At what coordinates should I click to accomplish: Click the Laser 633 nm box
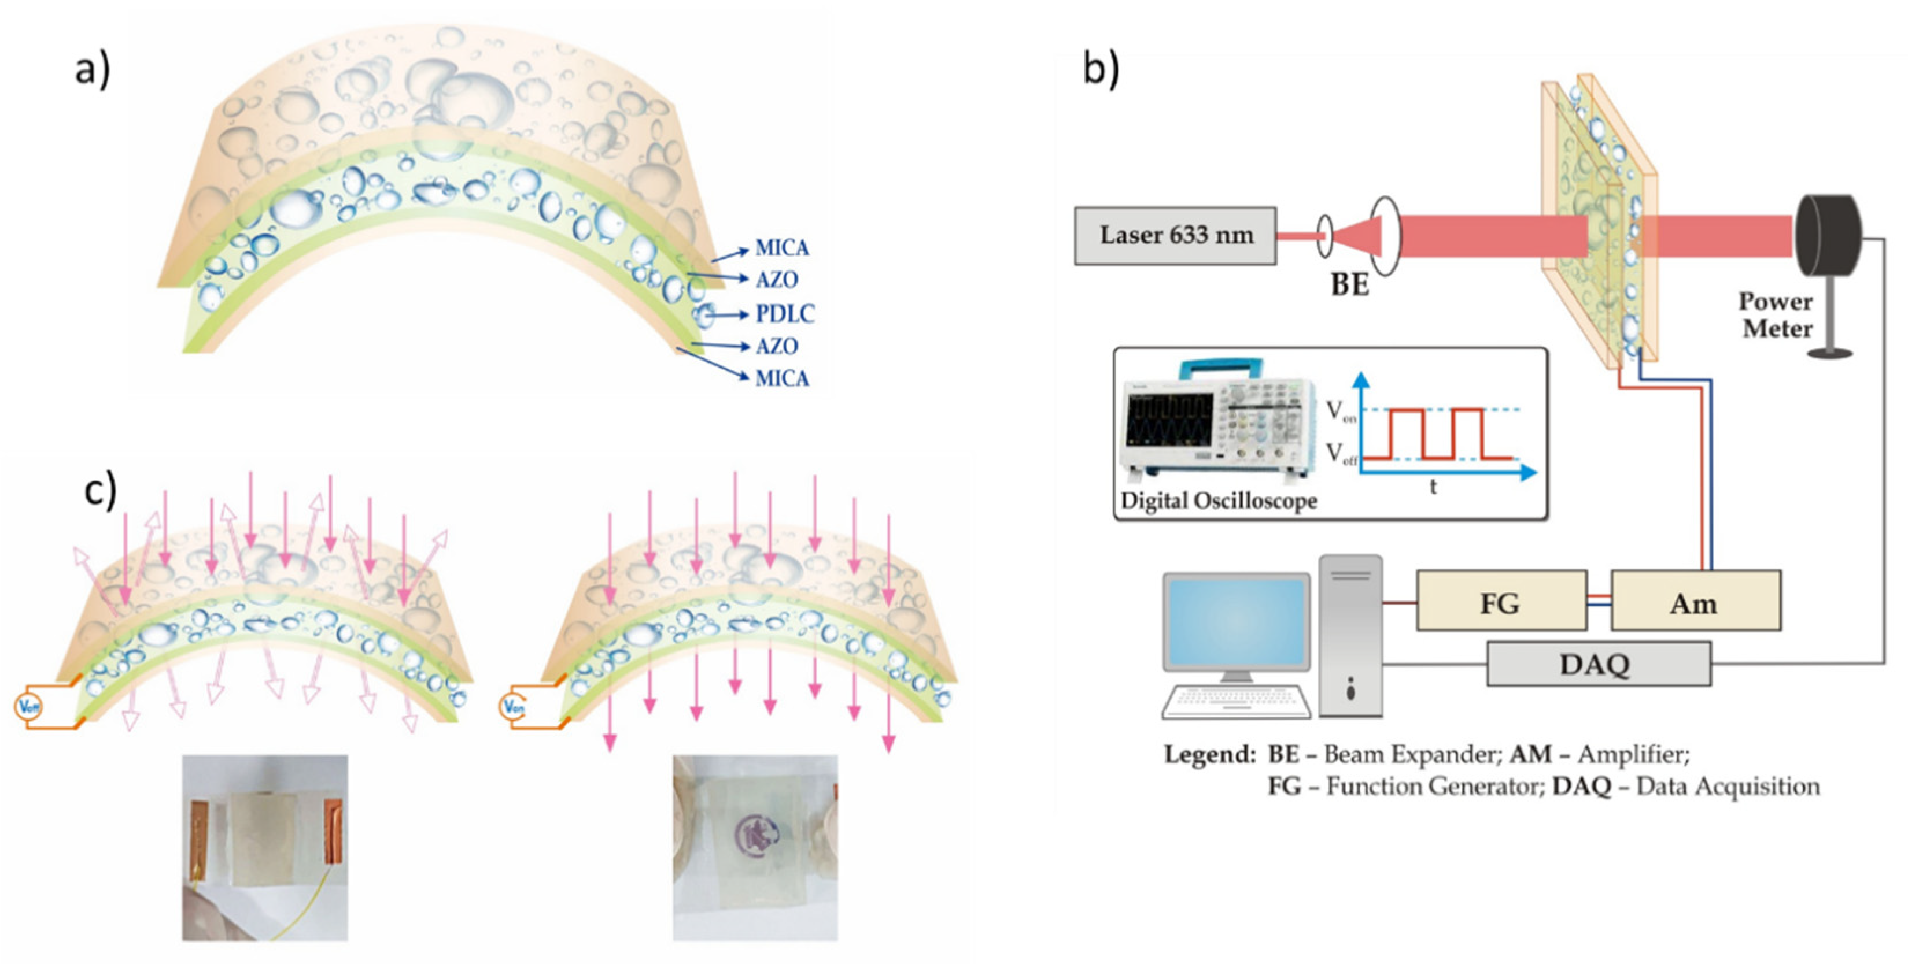1175,235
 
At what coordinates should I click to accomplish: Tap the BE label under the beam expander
1349,284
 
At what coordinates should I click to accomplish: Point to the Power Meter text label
1776,314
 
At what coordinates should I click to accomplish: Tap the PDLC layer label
784,314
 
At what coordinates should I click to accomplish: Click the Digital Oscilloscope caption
1219,501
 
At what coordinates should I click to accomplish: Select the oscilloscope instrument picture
1219,422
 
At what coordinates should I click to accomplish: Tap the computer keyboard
1235,702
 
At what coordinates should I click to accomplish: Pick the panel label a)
92,71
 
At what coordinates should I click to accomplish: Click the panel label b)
1101,69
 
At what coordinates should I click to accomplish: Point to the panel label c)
100,491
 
